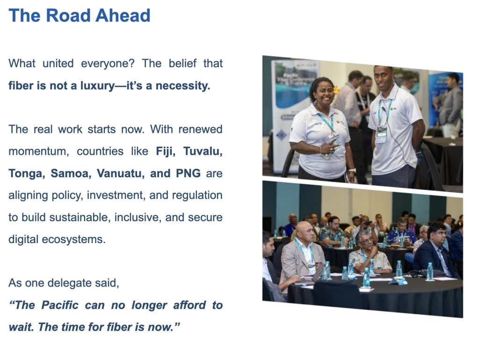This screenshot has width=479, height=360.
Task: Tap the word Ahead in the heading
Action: pos(123,15)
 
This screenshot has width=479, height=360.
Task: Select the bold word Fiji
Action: pos(166,151)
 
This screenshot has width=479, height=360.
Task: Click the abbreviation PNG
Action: pos(188,173)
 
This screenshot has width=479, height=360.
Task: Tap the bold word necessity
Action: pos(183,86)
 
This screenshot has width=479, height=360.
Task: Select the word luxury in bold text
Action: pos(97,86)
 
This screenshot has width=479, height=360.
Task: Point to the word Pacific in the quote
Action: pos(60,305)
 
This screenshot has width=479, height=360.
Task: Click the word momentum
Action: pos(38,151)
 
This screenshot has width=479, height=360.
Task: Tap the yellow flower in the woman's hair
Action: pos(336,90)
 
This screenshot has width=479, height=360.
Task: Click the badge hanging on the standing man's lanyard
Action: pos(381,134)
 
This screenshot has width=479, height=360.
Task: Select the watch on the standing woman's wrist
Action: pos(352,170)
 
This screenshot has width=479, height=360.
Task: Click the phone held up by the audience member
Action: pos(368,223)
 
